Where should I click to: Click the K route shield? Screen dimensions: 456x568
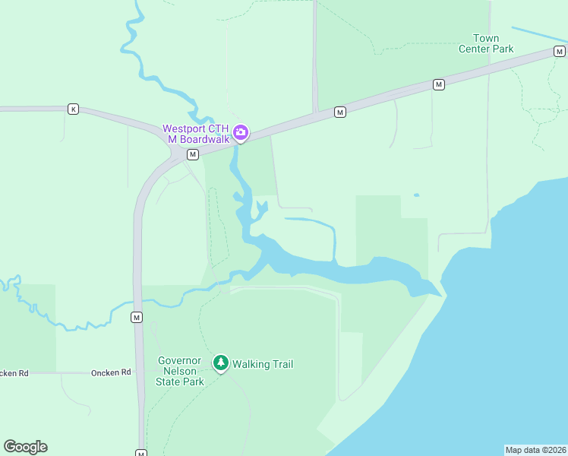coord(73,109)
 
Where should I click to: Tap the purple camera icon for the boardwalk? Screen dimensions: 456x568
coord(241,134)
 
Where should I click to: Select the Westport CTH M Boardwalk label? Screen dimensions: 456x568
coord(196,133)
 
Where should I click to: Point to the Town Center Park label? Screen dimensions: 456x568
coord(486,43)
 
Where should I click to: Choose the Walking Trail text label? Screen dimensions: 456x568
coord(263,364)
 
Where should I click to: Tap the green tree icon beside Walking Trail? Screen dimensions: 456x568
coord(221,363)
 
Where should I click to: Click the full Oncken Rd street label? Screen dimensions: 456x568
coord(111,373)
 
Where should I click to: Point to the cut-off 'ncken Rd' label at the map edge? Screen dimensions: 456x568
coord(14,373)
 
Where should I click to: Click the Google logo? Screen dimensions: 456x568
coord(25,446)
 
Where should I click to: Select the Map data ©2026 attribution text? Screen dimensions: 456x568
coord(535,449)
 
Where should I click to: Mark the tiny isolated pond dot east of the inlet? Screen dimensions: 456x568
coord(416,195)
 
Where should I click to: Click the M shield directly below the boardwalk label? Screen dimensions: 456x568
coord(193,154)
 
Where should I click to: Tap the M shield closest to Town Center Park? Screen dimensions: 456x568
coord(439,84)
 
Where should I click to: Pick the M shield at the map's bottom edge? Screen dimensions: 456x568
coord(141,453)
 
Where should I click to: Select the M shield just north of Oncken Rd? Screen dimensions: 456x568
coord(137,316)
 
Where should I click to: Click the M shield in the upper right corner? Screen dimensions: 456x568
coord(560,52)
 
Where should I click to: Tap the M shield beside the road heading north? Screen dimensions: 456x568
coord(340,112)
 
